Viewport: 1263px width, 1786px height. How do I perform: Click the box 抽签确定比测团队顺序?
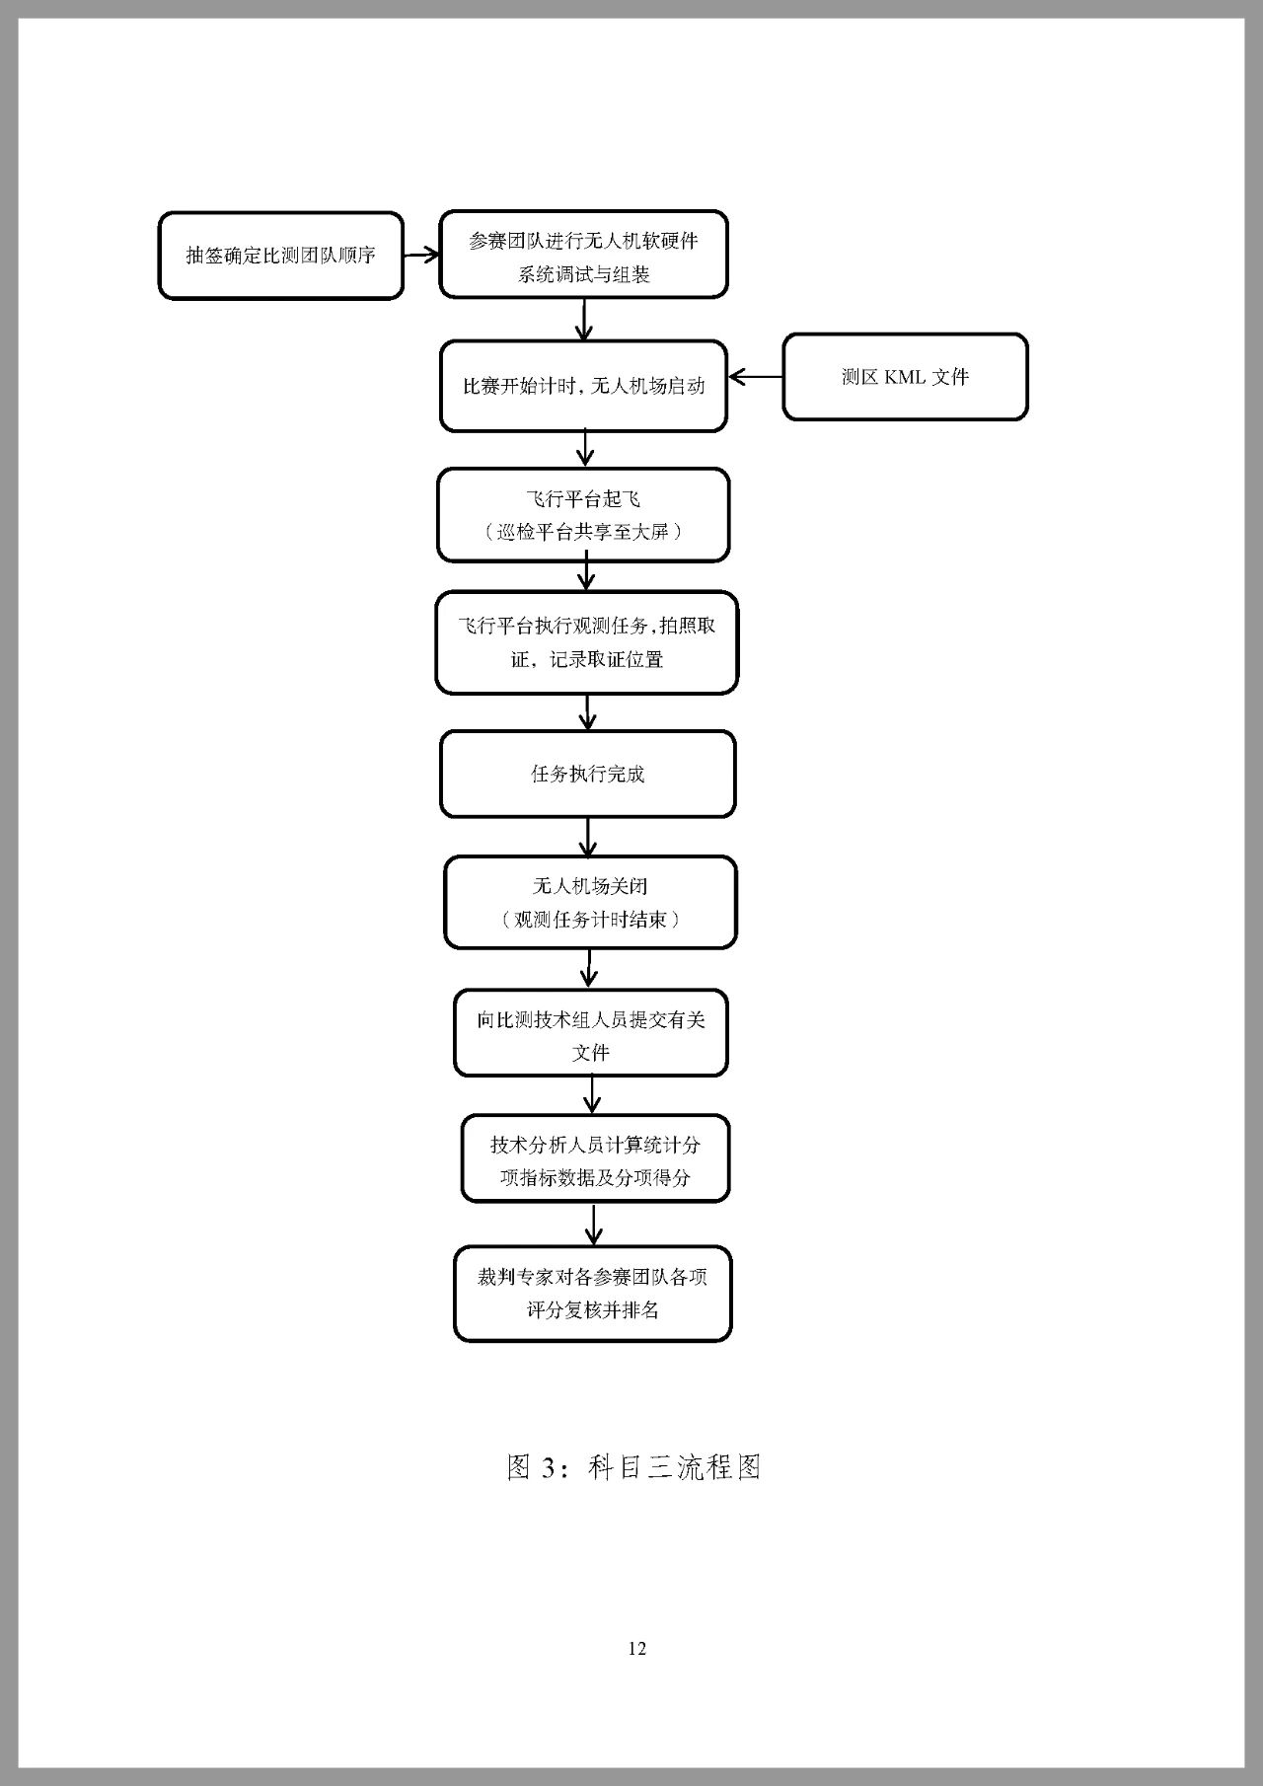(281, 256)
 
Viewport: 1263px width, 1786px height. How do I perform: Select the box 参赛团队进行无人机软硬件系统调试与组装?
(583, 255)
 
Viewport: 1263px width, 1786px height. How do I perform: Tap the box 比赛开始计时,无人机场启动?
(583, 386)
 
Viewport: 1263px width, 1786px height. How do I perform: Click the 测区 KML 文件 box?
(905, 377)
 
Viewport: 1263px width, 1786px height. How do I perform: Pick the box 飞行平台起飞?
(583, 515)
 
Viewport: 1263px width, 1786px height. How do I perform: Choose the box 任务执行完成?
(587, 775)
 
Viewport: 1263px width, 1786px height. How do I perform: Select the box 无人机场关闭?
(590, 902)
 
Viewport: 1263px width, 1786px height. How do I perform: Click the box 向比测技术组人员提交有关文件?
(590, 1033)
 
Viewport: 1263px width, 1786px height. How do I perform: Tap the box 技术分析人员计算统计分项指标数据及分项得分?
(595, 1159)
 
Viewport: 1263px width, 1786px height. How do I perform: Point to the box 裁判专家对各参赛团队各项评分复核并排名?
(592, 1294)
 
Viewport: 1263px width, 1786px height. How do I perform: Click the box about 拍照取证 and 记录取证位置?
(586, 642)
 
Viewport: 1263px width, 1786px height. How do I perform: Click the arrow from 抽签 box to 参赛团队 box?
(421, 255)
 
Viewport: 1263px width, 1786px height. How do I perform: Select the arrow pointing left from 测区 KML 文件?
(756, 377)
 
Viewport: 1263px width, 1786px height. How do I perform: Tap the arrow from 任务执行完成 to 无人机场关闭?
(588, 838)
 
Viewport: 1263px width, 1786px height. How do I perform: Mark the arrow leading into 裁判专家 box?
(593, 1225)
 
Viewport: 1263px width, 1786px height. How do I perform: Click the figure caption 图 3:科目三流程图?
(633, 1467)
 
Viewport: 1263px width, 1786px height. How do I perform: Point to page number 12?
(636, 1649)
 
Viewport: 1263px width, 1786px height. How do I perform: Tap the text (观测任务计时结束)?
(590, 920)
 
